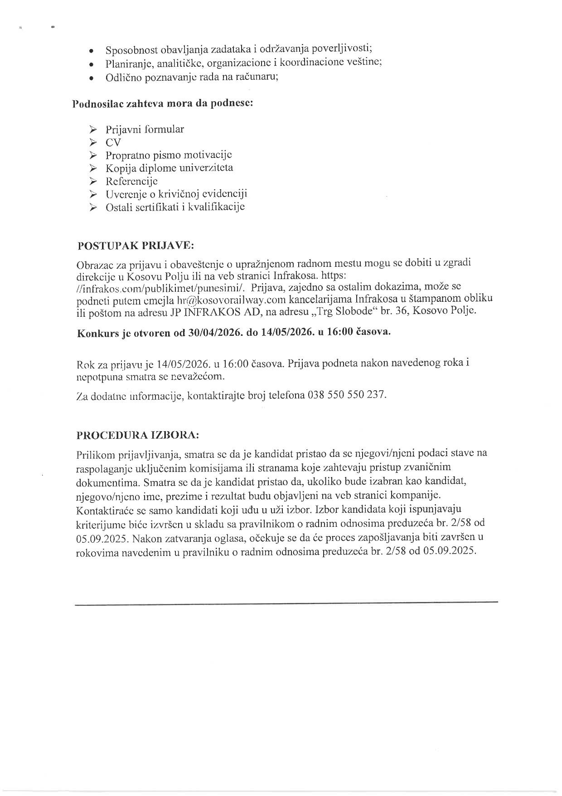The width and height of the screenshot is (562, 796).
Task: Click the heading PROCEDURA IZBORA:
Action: [138, 435]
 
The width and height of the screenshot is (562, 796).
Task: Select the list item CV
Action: [113, 142]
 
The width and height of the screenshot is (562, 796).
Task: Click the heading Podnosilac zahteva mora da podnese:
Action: [163, 103]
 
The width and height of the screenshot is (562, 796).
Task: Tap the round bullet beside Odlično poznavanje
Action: [92, 78]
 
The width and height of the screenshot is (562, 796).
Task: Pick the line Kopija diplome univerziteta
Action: [169, 168]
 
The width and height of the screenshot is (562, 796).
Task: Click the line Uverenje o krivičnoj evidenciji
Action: [176, 194]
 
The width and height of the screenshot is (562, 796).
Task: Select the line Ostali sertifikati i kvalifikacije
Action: [175, 207]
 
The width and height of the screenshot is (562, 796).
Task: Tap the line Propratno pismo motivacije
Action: [169, 155]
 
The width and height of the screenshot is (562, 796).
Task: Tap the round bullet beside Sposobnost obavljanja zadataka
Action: [92, 50]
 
